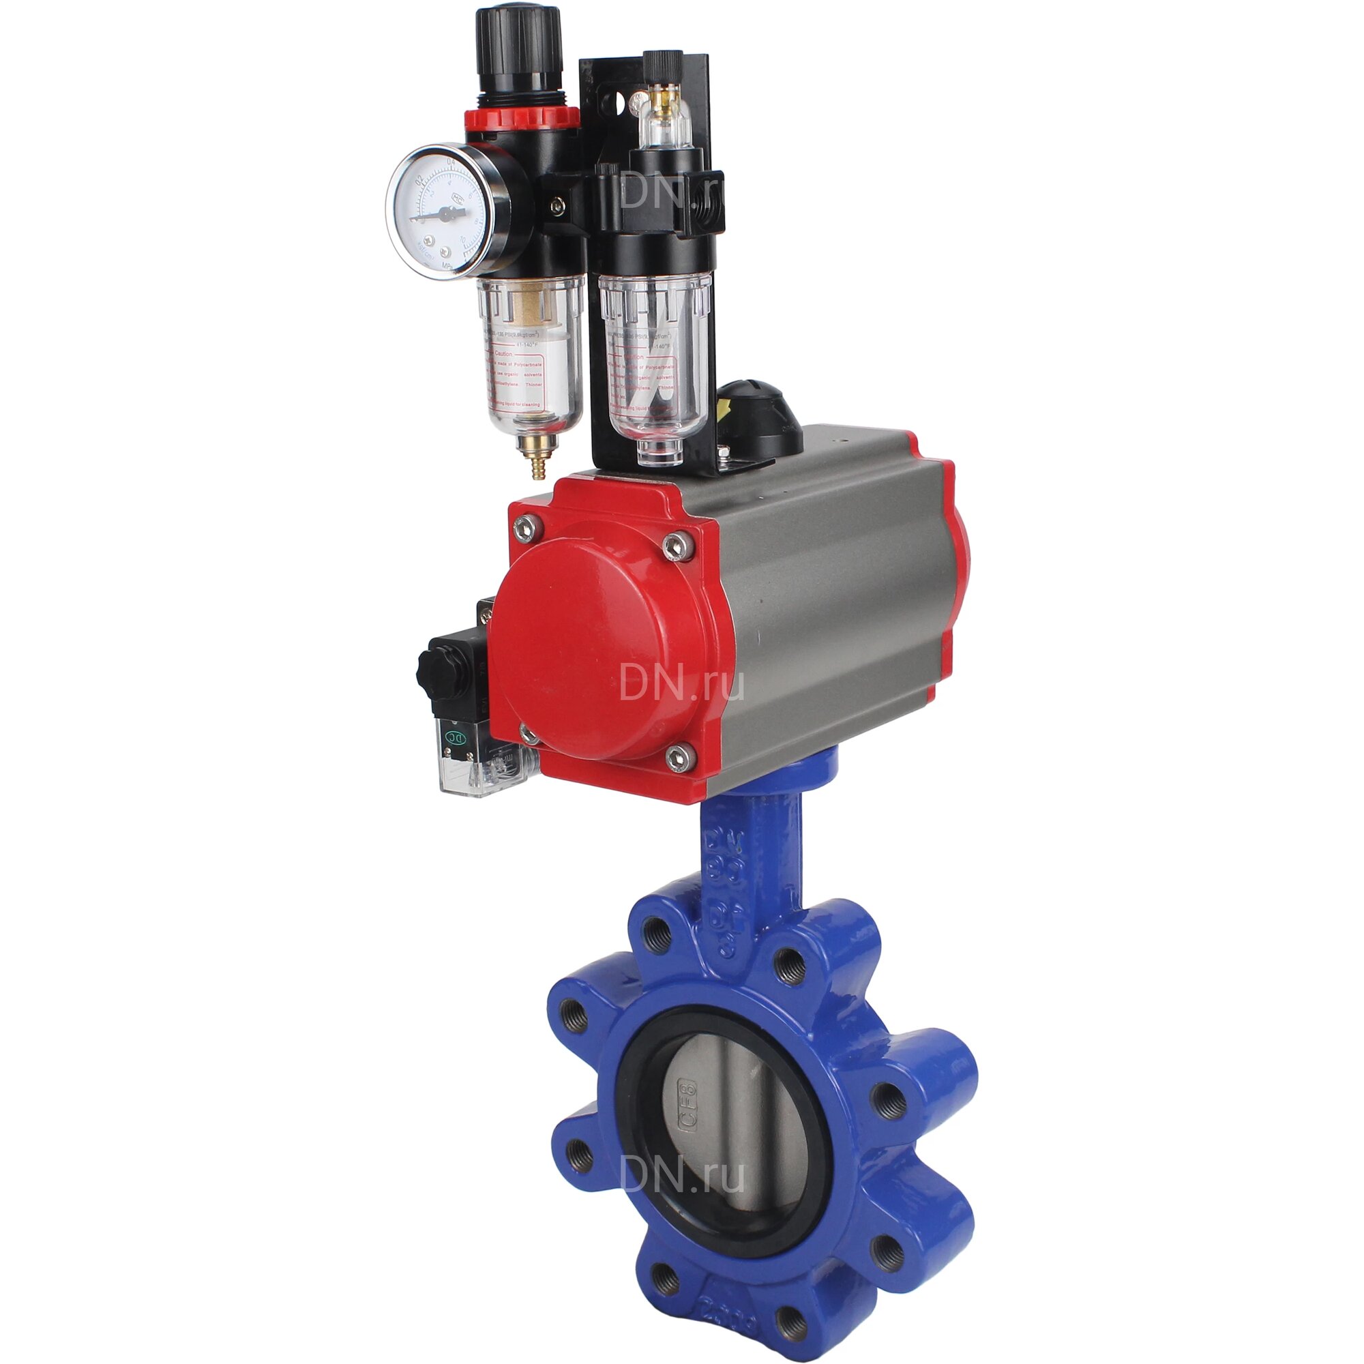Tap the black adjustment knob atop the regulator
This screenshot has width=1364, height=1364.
519,49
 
